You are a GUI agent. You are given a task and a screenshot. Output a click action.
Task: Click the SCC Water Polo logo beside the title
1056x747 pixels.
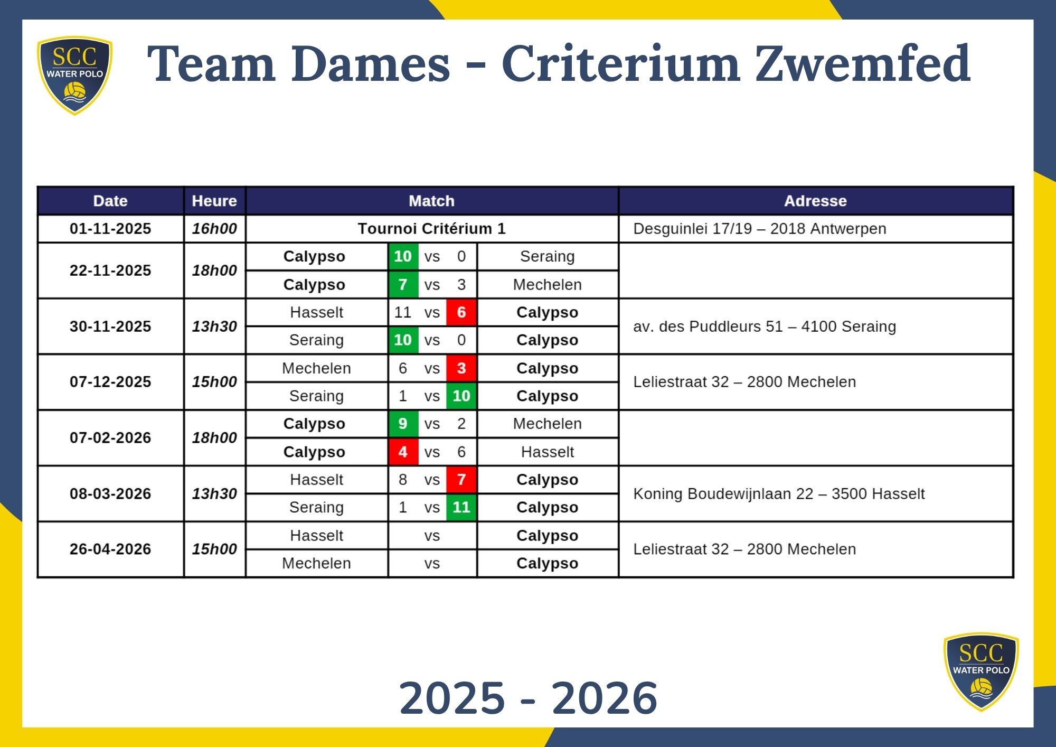[x=74, y=74]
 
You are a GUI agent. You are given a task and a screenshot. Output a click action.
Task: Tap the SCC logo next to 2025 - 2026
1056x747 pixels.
[x=981, y=671]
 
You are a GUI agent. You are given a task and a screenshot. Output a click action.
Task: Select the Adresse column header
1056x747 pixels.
[x=815, y=201]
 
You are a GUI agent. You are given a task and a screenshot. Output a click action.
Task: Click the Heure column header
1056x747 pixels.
[x=214, y=201]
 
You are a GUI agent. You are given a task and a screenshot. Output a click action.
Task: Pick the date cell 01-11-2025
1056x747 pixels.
[x=110, y=229]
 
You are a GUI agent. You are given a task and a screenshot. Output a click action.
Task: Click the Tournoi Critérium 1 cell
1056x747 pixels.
[x=431, y=229]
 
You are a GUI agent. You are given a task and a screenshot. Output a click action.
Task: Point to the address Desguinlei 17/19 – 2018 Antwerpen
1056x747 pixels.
[x=759, y=229]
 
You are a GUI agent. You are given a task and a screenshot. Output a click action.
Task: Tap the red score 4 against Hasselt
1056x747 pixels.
[x=403, y=452]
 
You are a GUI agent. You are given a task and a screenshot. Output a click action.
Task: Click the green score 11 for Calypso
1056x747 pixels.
[x=461, y=507]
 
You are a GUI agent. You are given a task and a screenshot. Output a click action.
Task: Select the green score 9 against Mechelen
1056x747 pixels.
[x=403, y=424]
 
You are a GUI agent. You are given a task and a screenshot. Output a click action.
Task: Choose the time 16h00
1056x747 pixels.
[x=214, y=229]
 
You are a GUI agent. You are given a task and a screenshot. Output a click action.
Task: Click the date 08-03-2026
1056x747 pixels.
[x=110, y=493]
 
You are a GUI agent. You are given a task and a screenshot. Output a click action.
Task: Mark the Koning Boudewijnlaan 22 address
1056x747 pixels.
[x=779, y=493]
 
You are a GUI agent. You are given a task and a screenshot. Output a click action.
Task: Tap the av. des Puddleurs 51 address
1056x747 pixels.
[x=765, y=326]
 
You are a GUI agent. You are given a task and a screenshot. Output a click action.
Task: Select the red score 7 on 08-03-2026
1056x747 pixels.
[x=461, y=480]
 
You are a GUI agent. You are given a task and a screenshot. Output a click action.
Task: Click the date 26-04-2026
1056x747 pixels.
[x=110, y=549]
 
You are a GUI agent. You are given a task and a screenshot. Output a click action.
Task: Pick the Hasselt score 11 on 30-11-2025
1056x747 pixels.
[x=403, y=312]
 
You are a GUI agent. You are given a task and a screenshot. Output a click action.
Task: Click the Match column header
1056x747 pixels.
[x=431, y=201]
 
